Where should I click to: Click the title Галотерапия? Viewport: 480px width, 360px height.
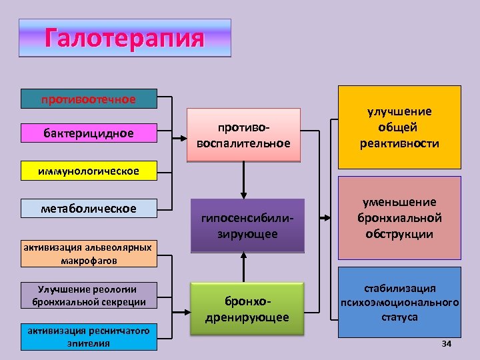[x=124, y=37]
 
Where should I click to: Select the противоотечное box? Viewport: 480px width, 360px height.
[x=89, y=99]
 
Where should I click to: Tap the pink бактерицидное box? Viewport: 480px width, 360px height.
[x=89, y=133]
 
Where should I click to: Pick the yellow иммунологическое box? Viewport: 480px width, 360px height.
[x=89, y=171]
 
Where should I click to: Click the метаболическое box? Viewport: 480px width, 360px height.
[x=89, y=209]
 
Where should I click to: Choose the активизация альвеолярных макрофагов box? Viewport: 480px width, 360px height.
[x=88, y=254]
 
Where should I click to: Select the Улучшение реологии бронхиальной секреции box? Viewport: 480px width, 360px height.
[x=88, y=295]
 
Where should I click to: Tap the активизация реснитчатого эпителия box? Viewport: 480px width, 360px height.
[x=88, y=337]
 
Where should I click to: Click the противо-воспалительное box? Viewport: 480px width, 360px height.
[x=244, y=135]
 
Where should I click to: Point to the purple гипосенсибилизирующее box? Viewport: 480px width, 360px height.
[x=247, y=226]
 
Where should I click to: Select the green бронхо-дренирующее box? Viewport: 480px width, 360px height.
[x=247, y=309]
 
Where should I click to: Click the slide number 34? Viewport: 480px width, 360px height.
[x=447, y=343]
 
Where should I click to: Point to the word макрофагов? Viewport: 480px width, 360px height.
[x=88, y=261]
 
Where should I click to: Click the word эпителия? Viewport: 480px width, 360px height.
[x=88, y=343]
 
